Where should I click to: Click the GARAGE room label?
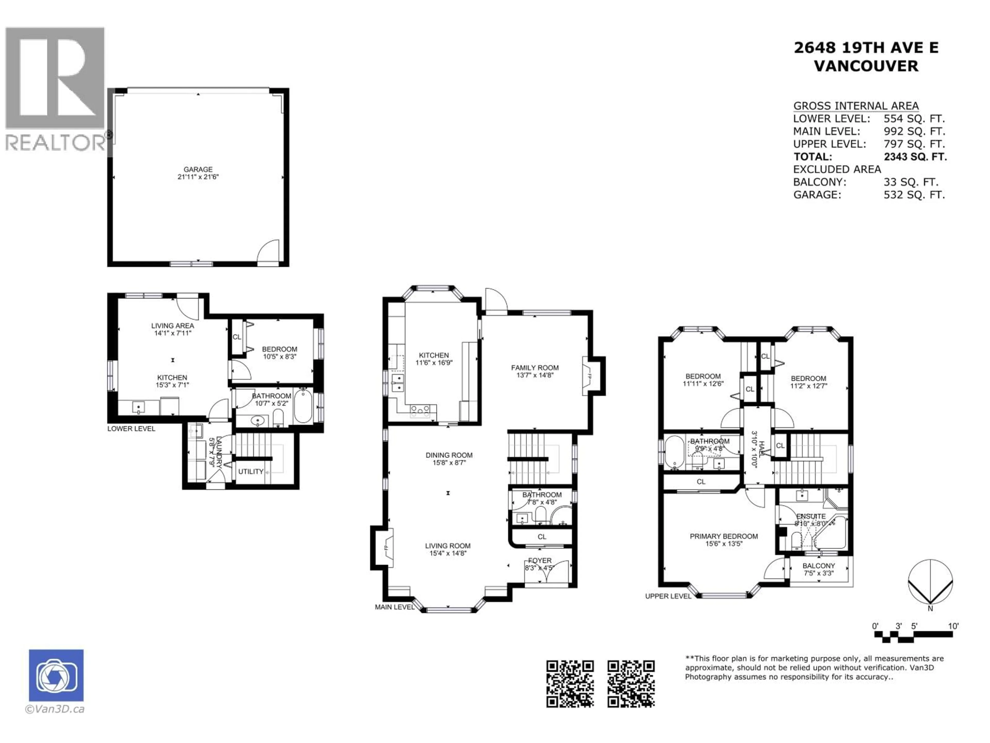point(198,169)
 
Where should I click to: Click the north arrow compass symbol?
point(930,582)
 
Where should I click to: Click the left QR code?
point(570,684)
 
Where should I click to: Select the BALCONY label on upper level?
point(819,566)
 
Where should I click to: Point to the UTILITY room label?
point(251,472)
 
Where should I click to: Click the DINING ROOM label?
point(449,455)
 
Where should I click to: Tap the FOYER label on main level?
point(540,560)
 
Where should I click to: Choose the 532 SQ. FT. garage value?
point(914,195)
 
